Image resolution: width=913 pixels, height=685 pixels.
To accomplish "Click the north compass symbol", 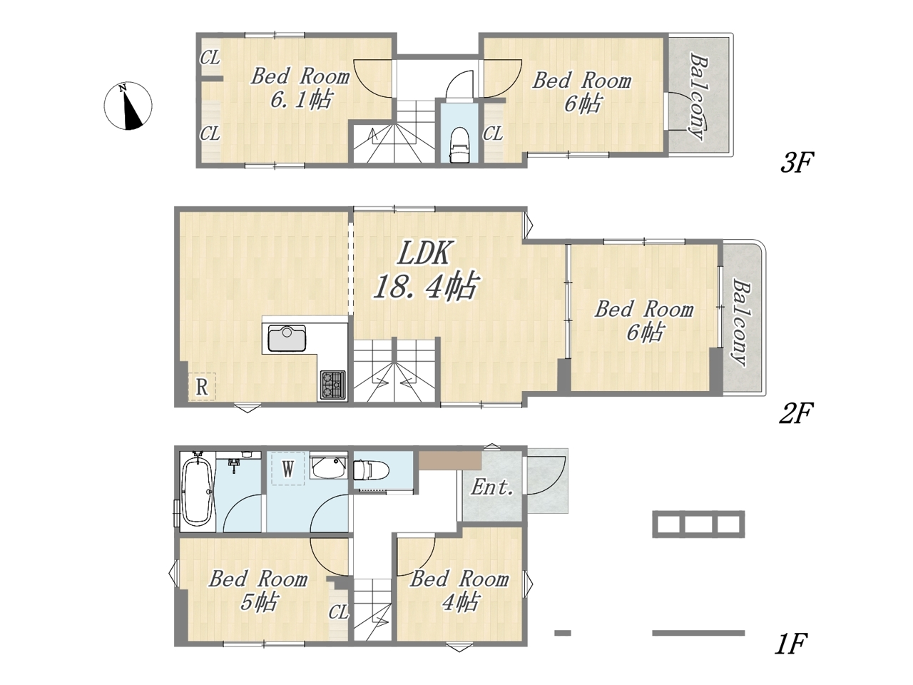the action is (x=128, y=106).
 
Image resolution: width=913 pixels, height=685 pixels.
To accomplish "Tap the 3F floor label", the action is (x=796, y=163).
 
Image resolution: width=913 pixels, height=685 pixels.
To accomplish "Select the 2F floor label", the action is (x=796, y=414).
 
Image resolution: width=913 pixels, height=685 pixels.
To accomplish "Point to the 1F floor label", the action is (x=791, y=656).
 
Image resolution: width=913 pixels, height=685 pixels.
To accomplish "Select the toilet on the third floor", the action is (x=459, y=144).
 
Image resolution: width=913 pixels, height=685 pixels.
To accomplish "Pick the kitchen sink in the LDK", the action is (x=287, y=338).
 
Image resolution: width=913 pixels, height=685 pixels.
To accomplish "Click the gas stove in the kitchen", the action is (x=333, y=385).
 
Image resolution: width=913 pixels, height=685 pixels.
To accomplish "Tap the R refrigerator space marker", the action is (x=202, y=387).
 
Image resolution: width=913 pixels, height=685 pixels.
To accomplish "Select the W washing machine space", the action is (x=288, y=469).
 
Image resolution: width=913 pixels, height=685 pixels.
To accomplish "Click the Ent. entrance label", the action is (x=492, y=487).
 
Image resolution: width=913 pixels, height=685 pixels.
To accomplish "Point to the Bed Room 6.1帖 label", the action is (x=300, y=88).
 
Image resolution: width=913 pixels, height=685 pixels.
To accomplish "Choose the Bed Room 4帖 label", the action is (x=459, y=591).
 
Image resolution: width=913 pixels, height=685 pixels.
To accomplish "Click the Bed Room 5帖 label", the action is (x=258, y=591).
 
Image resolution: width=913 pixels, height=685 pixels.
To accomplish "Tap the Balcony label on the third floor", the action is (x=699, y=96).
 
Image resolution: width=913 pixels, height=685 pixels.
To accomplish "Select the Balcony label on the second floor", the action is (x=741, y=323).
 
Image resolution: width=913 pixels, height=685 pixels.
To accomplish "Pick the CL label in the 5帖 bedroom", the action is (x=338, y=613).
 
